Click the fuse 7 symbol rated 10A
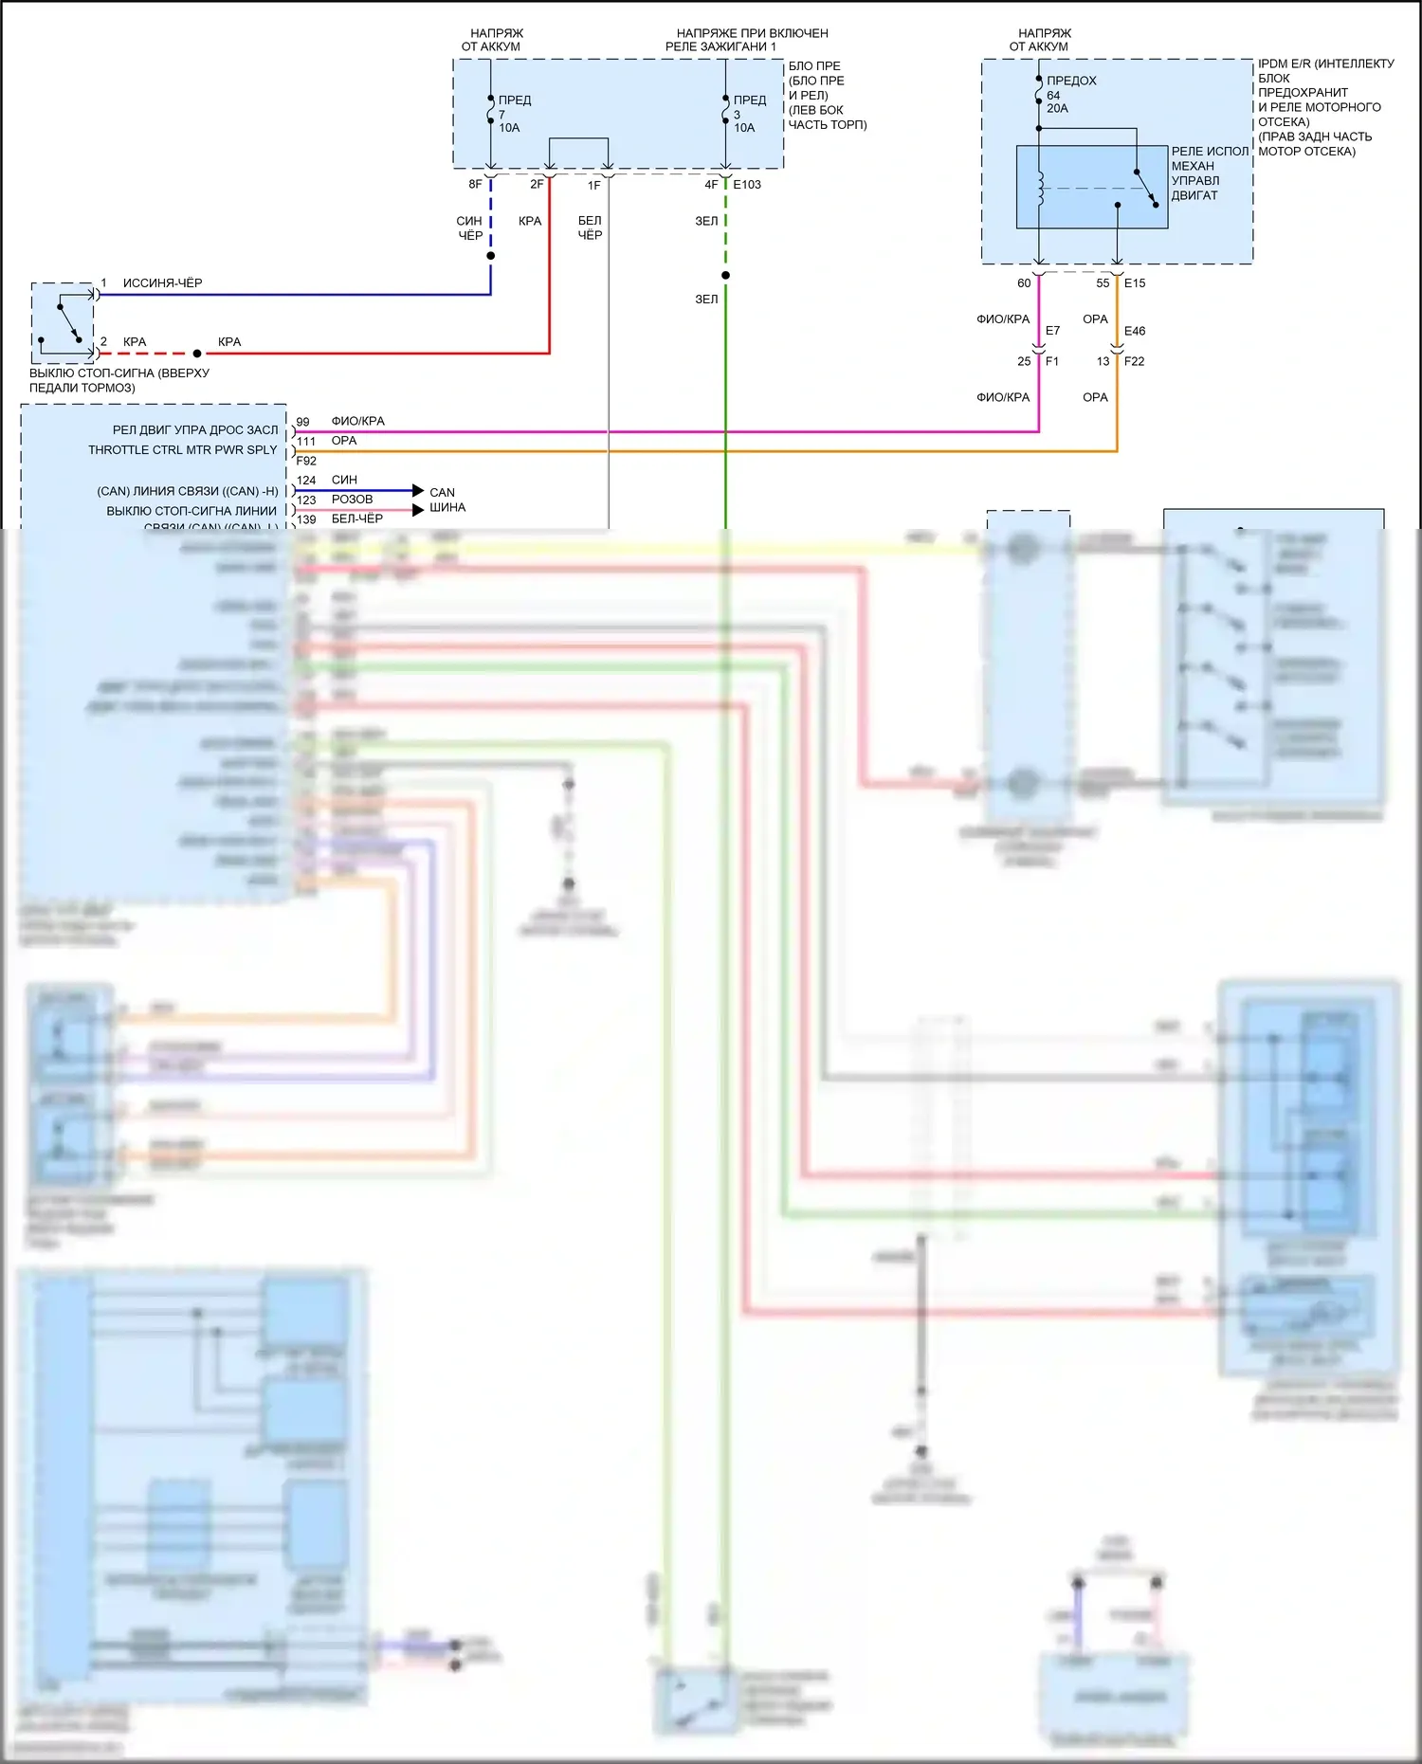(x=491, y=114)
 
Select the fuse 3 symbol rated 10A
(x=726, y=114)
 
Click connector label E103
(x=747, y=185)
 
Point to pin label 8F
(x=475, y=185)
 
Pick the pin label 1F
(x=594, y=186)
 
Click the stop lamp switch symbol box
(x=64, y=322)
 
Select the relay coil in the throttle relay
(x=1041, y=188)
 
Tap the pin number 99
(x=302, y=422)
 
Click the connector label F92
(x=306, y=462)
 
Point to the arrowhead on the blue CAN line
(x=418, y=490)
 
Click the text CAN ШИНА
(x=447, y=500)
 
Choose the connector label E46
(x=1135, y=331)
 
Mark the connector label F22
(x=1135, y=361)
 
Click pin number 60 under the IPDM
(x=1024, y=283)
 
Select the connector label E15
(x=1135, y=283)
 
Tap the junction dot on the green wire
(x=725, y=275)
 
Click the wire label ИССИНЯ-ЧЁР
(x=162, y=283)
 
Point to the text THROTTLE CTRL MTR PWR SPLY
(x=183, y=450)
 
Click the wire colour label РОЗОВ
(x=352, y=500)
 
